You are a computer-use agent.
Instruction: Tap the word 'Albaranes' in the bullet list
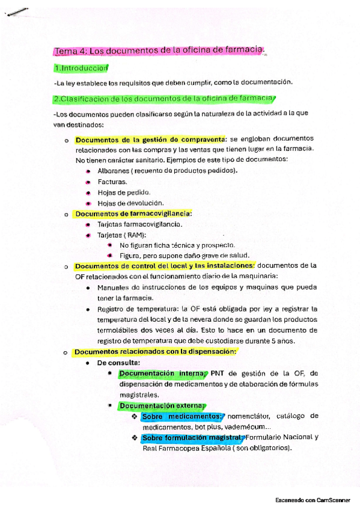[x=114, y=171]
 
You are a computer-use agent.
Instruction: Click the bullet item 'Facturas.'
[x=112, y=182]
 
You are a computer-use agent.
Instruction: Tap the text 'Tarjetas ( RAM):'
[x=121, y=235]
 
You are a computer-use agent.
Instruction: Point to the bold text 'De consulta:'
[x=119, y=363]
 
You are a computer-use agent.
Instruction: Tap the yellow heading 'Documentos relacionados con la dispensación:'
[x=154, y=352]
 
